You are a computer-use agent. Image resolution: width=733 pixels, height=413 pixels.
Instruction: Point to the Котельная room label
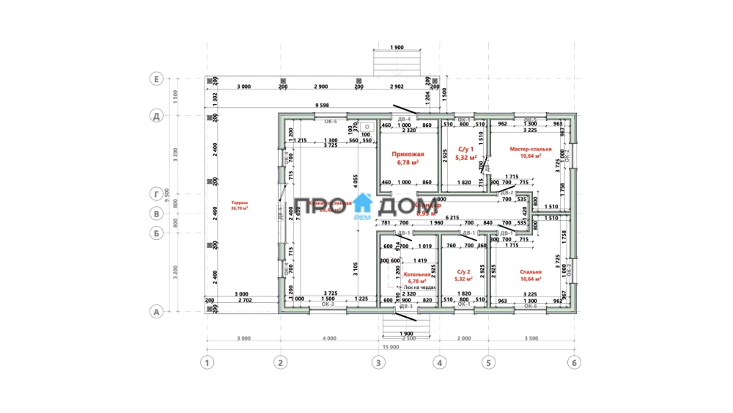pyautogui.click(x=416, y=276)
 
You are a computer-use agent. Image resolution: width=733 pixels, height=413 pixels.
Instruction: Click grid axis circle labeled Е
pyautogui.click(x=155, y=78)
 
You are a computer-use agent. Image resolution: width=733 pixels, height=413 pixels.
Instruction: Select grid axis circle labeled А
pyautogui.click(x=155, y=312)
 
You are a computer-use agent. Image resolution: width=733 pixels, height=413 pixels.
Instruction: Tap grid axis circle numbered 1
pyautogui.click(x=208, y=362)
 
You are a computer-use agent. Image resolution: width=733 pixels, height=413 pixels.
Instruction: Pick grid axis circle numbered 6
pyautogui.click(x=574, y=362)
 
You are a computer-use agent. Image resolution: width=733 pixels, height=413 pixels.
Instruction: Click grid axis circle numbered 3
pyautogui.click(x=377, y=362)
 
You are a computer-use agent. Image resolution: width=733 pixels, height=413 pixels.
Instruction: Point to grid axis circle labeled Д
pyautogui.click(x=155, y=115)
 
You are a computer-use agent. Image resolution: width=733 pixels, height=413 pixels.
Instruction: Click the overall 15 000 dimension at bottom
pyautogui.click(x=390, y=348)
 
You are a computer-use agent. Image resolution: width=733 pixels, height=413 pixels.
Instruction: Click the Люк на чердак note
pyautogui.click(x=420, y=288)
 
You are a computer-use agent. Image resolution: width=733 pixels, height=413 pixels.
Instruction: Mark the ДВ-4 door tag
pyautogui.click(x=404, y=118)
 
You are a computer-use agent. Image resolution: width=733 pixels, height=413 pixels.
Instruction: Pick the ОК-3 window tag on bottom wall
pyautogui.click(x=328, y=304)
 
